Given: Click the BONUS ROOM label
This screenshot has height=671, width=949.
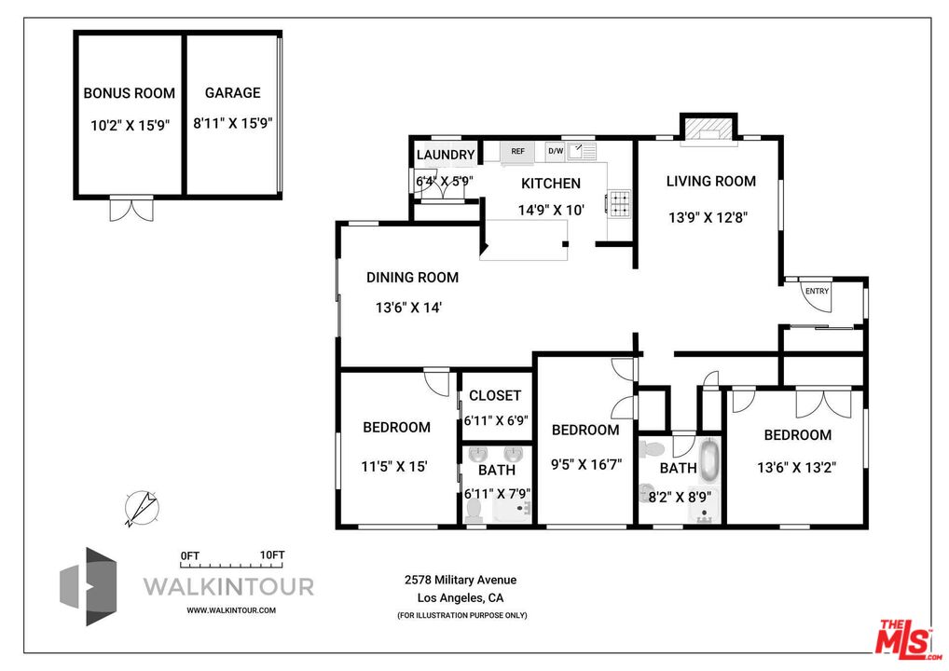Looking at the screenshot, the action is coord(129,93).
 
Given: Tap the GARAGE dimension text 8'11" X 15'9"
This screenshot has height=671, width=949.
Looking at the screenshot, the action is coord(233,123).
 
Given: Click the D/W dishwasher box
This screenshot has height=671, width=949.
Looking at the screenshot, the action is coord(555,151).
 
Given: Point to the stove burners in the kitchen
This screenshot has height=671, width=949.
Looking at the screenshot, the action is coord(619,204).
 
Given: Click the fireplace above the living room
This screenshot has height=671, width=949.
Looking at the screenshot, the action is coord(708,130).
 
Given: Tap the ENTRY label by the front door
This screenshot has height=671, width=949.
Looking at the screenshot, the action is coord(817,291).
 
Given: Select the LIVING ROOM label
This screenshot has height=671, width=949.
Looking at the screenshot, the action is coord(711,181).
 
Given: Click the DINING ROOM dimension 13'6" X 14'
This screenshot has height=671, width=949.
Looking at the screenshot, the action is coord(408,308).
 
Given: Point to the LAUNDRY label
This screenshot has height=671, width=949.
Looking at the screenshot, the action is coord(446,155).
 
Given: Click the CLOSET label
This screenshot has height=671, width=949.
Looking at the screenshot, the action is coord(495,395).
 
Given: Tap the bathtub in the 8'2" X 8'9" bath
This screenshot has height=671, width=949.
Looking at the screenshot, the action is coord(709,463).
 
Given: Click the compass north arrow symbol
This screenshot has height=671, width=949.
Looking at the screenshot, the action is coord(142,508).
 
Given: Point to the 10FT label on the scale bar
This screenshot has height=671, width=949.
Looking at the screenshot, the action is coord(272,555).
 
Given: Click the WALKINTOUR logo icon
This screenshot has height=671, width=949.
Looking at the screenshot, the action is coord(88,586).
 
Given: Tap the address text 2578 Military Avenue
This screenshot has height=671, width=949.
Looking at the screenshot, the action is coord(461,580).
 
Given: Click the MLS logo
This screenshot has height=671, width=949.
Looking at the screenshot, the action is coord(906,639).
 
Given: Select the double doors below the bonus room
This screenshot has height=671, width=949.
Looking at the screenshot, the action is coord(131,209).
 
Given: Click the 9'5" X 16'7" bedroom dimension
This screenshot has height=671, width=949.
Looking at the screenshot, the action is coord(586,465).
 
